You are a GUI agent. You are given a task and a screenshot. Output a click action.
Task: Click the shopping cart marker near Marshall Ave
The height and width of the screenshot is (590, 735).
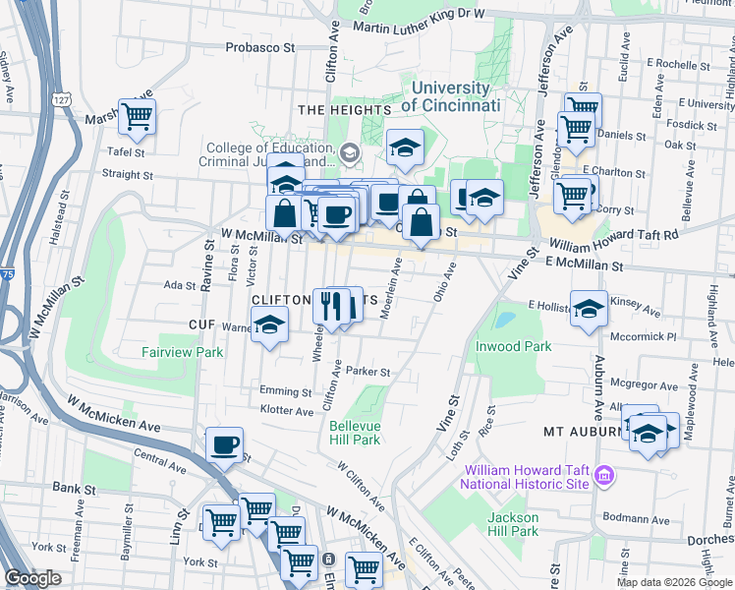coord(137,117)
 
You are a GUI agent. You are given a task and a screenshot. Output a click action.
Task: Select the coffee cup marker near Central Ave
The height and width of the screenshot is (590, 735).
coord(225,444)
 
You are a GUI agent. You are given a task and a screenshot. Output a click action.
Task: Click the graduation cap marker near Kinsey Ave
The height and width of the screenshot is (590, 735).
coord(588,308)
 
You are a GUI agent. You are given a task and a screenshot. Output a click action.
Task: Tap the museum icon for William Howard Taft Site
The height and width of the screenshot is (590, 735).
coord(604,477)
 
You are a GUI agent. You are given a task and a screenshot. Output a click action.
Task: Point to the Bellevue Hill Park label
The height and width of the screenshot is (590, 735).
coord(354,433)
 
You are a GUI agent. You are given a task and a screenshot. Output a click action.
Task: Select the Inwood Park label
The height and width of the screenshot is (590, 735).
coord(514,346)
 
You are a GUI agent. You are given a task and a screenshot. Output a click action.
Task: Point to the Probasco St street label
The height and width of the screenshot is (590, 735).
coord(260,46)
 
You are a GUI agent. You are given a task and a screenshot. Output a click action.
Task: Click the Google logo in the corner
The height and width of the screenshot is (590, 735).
coord(32,578)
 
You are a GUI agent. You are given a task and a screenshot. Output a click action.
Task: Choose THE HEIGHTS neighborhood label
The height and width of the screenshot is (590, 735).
coord(337,110)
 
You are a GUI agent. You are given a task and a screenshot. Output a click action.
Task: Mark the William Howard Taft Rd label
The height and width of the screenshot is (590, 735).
coord(614,240)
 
